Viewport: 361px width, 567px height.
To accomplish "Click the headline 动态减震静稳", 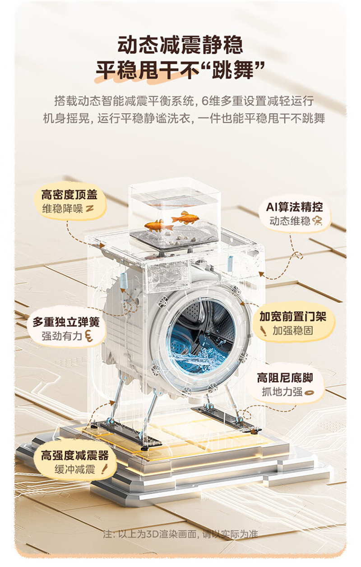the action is click(x=180, y=45).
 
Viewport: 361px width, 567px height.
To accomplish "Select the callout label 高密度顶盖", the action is click(x=69, y=195).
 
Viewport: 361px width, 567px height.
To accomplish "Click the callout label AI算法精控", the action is click(x=294, y=207).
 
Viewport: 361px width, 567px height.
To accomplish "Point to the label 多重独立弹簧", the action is click(x=66, y=322).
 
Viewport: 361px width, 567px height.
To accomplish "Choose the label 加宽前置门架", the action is click(x=293, y=316).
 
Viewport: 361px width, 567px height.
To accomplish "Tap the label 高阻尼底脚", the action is click(x=285, y=378).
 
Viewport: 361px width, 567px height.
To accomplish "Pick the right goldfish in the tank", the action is click(x=185, y=217).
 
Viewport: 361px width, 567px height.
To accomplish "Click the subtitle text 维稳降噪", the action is click(x=63, y=209).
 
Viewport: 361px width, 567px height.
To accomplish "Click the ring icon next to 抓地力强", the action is click(x=310, y=392).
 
